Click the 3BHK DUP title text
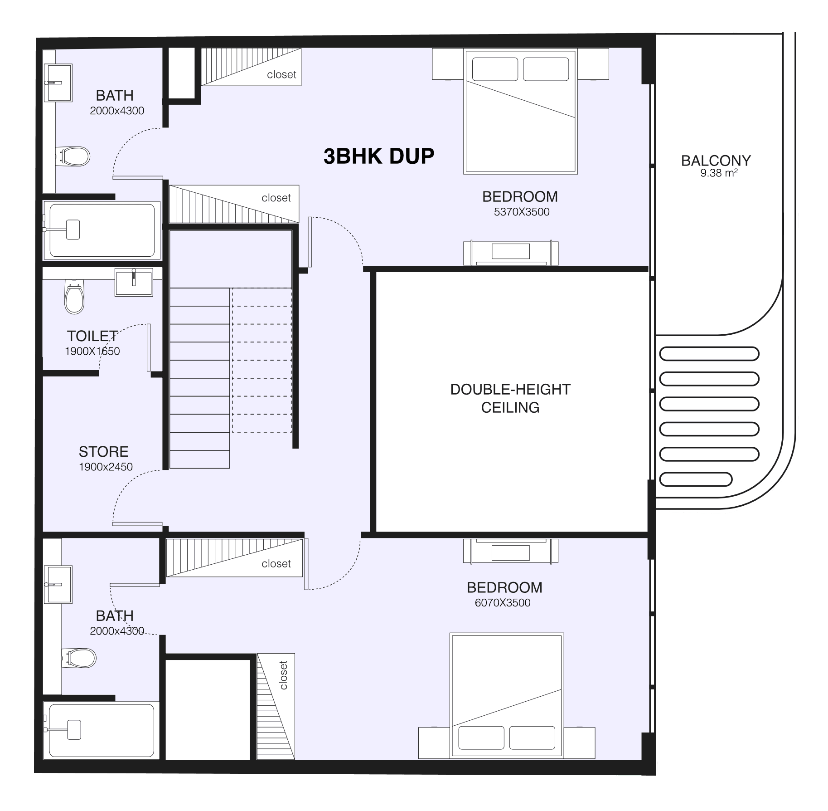click(379, 156)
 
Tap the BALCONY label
click(716, 161)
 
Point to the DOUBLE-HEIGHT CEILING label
click(510, 398)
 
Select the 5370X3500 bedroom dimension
click(522, 212)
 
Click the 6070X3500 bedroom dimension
click(503, 603)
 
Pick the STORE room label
click(104, 451)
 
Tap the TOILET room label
click(92, 336)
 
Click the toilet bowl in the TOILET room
click(74, 297)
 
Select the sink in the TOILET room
click(134, 282)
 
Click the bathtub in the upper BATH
click(102, 230)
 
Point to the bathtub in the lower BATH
click(101, 730)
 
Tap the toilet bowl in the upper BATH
click(73, 157)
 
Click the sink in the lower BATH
click(58, 585)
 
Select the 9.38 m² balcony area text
click(719, 173)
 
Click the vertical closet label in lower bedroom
click(284, 675)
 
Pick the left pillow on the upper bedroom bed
click(495, 69)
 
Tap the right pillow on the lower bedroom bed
click(532, 738)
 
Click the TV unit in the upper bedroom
click(511, 253)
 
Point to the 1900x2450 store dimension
click(106, 467)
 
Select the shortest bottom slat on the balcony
click(696, 479)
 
